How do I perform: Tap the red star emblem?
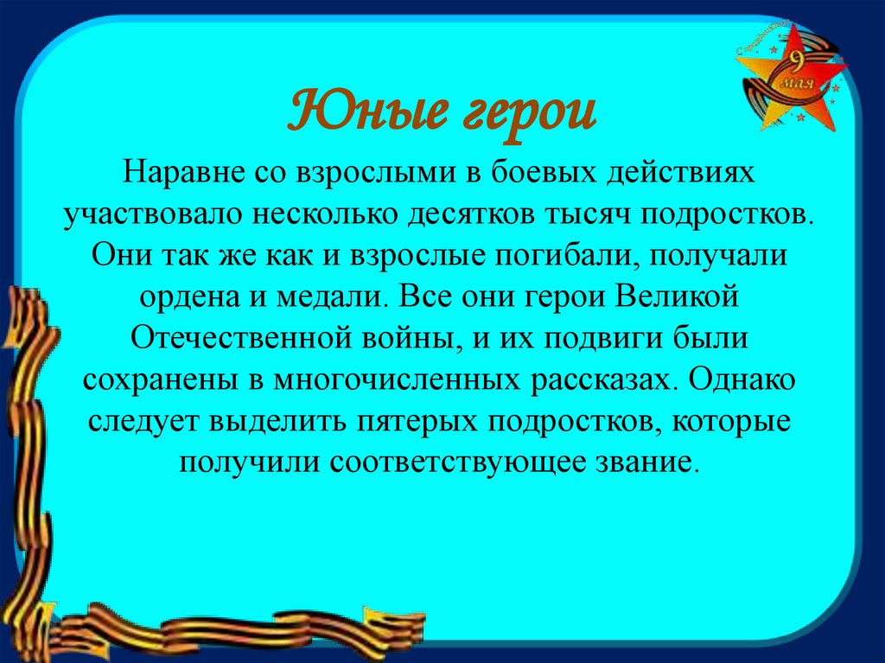[788, 77]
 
